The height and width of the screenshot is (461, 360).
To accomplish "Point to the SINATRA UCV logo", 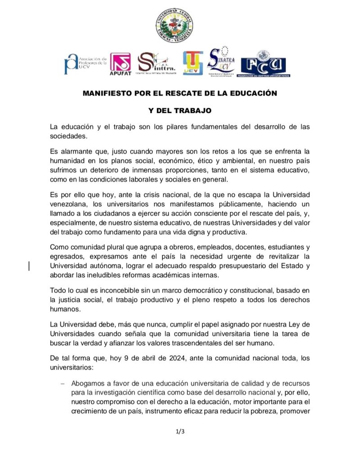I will click(x=221, y=62).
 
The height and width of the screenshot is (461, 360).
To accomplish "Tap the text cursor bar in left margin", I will click(x=29, y=266).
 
